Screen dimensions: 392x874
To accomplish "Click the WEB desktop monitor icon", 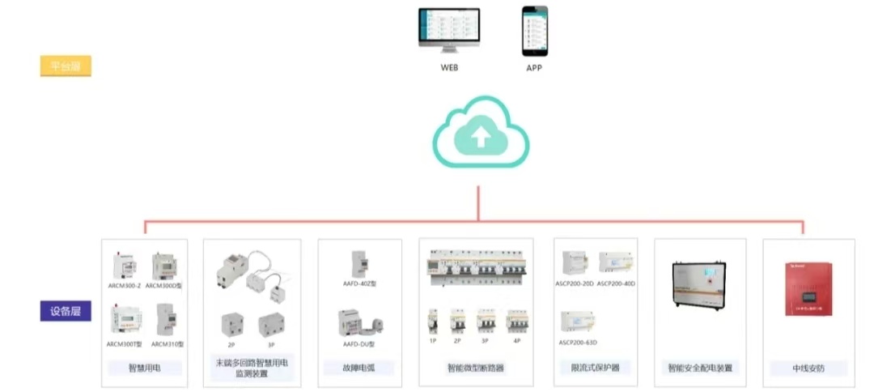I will click(449, 30).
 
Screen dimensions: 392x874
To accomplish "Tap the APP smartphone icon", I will click(534, 30).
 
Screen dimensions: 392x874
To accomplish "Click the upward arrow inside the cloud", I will click(480, 137).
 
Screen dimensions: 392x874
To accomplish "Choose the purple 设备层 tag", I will click(66, 311).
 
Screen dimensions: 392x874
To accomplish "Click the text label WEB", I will click(449, 68).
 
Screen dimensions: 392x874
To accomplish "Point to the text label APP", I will click(534, 68).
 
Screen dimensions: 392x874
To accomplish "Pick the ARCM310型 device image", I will click(167, 321).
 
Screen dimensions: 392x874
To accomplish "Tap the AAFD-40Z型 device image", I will click(359, 264).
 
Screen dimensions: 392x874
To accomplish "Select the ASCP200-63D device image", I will click(577, 322).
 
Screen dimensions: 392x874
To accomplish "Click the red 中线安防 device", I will click(808, 288).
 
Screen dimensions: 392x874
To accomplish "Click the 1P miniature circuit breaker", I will click(433, 322).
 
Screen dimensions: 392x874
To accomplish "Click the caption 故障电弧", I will click(357, 368).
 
